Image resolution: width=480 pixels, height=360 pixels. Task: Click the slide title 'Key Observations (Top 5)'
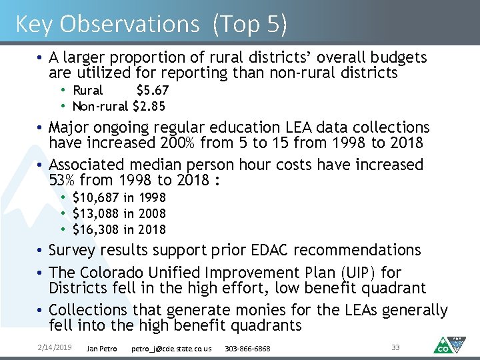[x=151, y=24]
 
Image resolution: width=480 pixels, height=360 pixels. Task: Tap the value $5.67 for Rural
[x=152, y=91]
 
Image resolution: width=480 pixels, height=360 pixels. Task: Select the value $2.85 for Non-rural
[x=149, y=107]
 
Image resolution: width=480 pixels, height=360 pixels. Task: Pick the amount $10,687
[x=96, y=198]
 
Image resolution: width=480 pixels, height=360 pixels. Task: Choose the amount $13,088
[x=96, y=214]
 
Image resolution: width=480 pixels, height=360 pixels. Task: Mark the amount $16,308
[x=96, y=230]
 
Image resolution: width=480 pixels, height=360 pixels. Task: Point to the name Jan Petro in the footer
[x=102, y=349]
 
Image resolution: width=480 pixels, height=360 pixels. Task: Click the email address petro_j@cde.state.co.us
[x=171, y=349]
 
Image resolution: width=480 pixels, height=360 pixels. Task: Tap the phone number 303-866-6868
[x=247, y=349]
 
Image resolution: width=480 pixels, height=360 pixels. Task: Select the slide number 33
[x=395, y=347]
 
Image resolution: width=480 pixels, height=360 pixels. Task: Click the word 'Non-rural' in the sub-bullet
[x=100, y=107]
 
